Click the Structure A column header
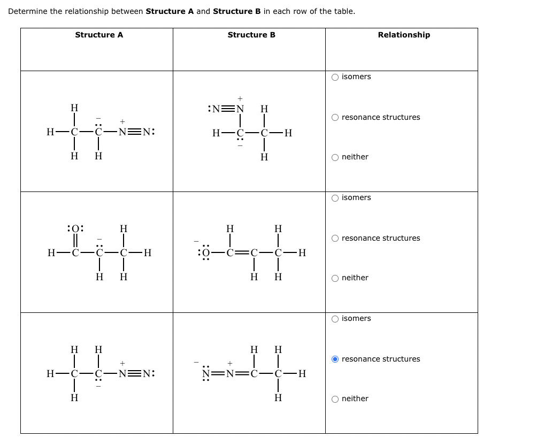(99, 35)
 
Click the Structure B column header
(251, 35)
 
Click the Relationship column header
(403, 35)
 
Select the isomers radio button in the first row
(335, 77)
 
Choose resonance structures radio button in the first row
(335, 117)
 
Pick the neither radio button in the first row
(335, 157)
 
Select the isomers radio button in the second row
(335, 198)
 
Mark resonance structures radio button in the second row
(335, 238)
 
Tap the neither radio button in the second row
(335, 278)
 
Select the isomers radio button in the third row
(335, 319)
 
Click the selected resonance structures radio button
(335, 359)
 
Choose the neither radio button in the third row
(335, 398)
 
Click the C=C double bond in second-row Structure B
(242, 253)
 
